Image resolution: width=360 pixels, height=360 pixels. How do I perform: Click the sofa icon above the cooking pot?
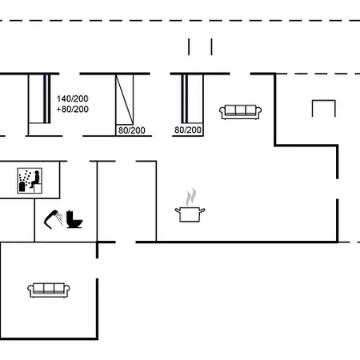(238, 111)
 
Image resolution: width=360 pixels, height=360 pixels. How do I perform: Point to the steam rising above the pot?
(190, 196)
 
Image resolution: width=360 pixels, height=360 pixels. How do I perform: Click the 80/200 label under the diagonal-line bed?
(131, 130)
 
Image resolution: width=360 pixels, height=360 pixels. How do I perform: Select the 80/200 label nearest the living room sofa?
(188, 130)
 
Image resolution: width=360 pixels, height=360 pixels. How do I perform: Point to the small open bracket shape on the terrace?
(322, 108)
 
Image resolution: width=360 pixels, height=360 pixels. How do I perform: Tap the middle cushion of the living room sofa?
(238, 110)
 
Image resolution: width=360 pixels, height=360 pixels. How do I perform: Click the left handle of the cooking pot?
(178, 210)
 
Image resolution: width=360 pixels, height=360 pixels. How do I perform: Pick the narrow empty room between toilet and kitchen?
(116, 200)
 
